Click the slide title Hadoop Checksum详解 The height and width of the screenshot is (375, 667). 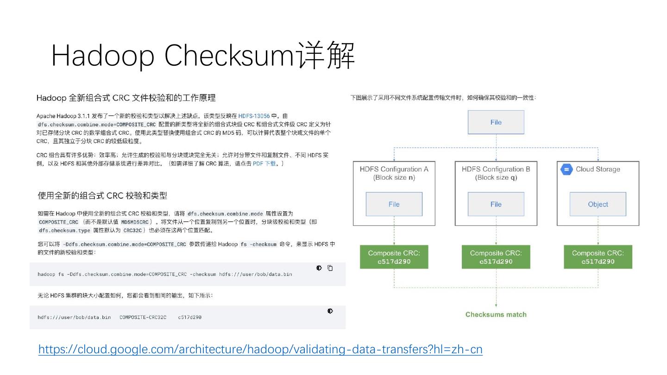pos(203,56)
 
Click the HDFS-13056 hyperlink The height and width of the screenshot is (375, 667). pos(254,116)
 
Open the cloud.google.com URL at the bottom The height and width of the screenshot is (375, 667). pos(260,350)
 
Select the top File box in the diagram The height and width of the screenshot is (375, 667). pos(496,122)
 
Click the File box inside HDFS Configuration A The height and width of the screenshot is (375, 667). pos(394,204)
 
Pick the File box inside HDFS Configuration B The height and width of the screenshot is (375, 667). pos(496,204)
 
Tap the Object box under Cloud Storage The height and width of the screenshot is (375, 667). pos(598,204)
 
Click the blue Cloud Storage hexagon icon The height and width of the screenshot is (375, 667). pos(566,169)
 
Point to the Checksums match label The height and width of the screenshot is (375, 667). pos(496,315)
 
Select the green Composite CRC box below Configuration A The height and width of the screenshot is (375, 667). pos(394,257)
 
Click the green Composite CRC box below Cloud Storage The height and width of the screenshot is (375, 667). pos(598,257)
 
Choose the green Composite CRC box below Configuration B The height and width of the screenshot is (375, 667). pos(496,257)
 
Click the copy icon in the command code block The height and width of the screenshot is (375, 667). pos(330,268)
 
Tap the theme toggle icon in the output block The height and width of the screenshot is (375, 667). pos(330,311)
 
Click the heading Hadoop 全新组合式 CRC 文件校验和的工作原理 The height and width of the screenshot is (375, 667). pos(126,98)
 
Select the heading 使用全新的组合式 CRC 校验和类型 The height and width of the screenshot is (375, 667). pos(102,196)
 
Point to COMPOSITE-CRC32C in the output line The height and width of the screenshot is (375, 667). pos(143,317)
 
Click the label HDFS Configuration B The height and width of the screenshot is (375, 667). pos(496,169)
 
